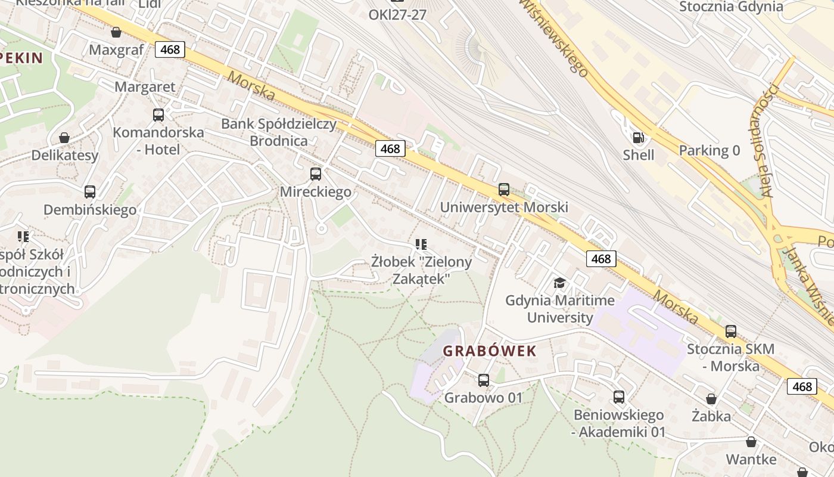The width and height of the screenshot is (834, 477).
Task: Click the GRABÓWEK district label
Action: coord(490,351)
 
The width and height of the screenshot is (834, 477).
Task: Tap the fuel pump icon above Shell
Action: coord(638,138)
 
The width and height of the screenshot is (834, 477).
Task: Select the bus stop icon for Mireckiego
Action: coord(316,174)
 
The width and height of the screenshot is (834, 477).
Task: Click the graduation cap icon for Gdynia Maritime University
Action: coord(559,283)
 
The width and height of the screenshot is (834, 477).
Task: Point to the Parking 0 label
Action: coord(709,150)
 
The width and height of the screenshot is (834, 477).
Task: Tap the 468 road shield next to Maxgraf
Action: coord(170,49)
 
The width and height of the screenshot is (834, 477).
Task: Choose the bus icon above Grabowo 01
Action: coord(484,380)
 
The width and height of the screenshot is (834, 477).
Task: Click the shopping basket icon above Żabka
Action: coord(711,399)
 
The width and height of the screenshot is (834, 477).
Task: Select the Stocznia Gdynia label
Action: coord(731,7)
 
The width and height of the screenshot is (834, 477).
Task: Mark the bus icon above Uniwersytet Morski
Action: coord(504,190)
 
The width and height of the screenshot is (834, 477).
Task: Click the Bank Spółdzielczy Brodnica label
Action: coord(279,132)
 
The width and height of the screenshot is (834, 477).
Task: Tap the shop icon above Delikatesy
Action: coord(64,138)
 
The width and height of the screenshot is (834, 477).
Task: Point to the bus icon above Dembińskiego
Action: coord(90,192)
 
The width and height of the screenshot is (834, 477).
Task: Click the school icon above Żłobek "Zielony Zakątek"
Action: coord(421,244)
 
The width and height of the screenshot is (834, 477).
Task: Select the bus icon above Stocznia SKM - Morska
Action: coord(731,332)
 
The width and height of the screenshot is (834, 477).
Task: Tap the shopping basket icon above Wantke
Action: coord(751,442)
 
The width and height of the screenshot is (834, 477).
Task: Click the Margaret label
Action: coord(145,87)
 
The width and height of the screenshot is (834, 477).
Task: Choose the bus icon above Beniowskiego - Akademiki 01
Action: coord(619,397)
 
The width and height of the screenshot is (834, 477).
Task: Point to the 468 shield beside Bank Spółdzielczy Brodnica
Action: coord(390,148)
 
